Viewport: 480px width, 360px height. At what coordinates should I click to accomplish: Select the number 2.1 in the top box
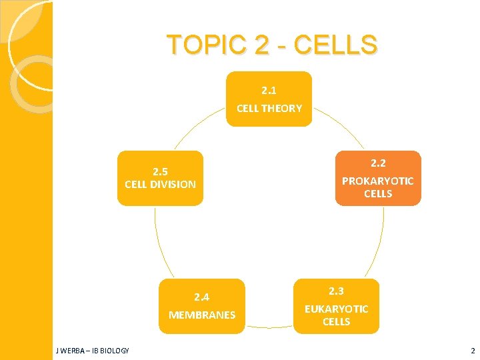(269, 89)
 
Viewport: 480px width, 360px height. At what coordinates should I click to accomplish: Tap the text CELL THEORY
(269, 108)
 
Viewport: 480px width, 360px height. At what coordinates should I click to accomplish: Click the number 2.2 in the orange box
(378, 163)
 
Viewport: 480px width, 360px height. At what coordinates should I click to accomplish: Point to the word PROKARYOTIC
(378, 181)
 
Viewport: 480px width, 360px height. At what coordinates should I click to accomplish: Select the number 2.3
(336, 291)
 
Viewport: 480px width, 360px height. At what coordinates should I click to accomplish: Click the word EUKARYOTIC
(336, 309)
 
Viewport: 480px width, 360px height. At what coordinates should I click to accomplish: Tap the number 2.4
(201, 297)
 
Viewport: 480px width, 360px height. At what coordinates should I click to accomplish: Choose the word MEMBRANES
(201, 315)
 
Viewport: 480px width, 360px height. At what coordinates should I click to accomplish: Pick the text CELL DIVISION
(160, 184)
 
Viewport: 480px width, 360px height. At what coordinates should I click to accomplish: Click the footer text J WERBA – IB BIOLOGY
(93, 351)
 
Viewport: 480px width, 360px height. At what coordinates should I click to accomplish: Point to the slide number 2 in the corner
(473, 351)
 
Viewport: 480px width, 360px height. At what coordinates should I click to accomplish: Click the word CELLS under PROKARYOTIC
(378, 194)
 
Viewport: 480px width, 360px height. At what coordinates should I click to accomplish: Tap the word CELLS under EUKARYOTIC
(336, 322)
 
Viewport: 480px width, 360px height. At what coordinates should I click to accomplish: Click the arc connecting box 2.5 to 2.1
(197, 127)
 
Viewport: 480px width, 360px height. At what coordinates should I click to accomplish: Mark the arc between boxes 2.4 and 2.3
(269, 327)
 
